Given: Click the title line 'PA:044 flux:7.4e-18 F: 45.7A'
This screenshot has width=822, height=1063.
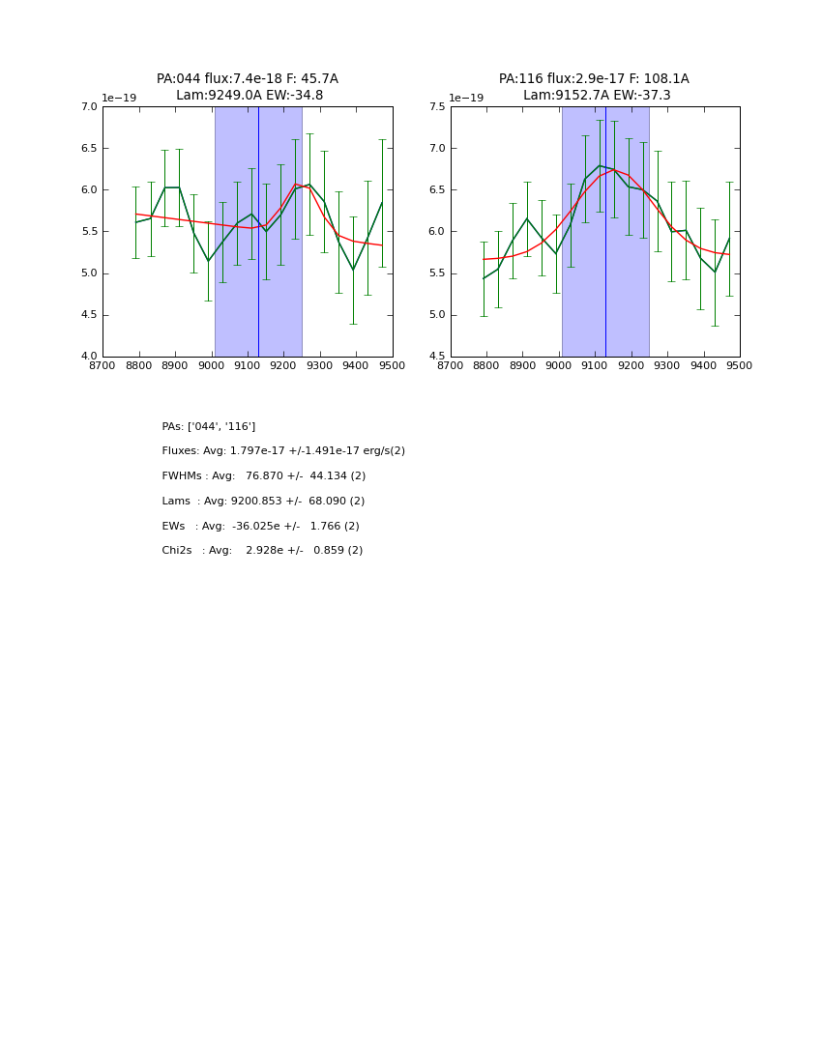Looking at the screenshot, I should coord(248,79).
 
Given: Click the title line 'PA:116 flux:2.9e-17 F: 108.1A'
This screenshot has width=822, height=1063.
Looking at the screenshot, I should coord(594,79).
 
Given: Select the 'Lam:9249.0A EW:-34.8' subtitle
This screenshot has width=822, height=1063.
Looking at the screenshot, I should coord(250,96).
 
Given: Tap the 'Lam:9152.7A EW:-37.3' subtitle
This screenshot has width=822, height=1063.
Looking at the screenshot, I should coord(597,96).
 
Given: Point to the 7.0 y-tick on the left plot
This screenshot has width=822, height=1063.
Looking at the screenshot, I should coord(88,107).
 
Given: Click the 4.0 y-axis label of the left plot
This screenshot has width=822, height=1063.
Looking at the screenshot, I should coord(88,357).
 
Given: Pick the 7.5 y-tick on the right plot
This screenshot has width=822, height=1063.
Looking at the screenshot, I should coord(435,107).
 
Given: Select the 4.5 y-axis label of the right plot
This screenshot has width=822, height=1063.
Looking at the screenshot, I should coord(435,357).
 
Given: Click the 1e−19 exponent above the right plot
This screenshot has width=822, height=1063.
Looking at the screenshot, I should coord(466,99).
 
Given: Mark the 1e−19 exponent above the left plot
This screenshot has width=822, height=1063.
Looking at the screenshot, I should coord(119,99).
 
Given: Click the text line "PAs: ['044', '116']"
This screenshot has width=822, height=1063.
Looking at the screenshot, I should coord(209,426).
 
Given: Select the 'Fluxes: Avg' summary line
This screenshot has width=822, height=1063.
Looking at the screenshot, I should coord(283,451).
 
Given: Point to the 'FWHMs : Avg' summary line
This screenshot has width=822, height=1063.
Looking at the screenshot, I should coord(264,476).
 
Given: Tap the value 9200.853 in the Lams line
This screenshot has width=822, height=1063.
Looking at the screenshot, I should coord(257,502).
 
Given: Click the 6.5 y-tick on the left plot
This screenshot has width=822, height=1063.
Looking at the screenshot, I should coord(88,149).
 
